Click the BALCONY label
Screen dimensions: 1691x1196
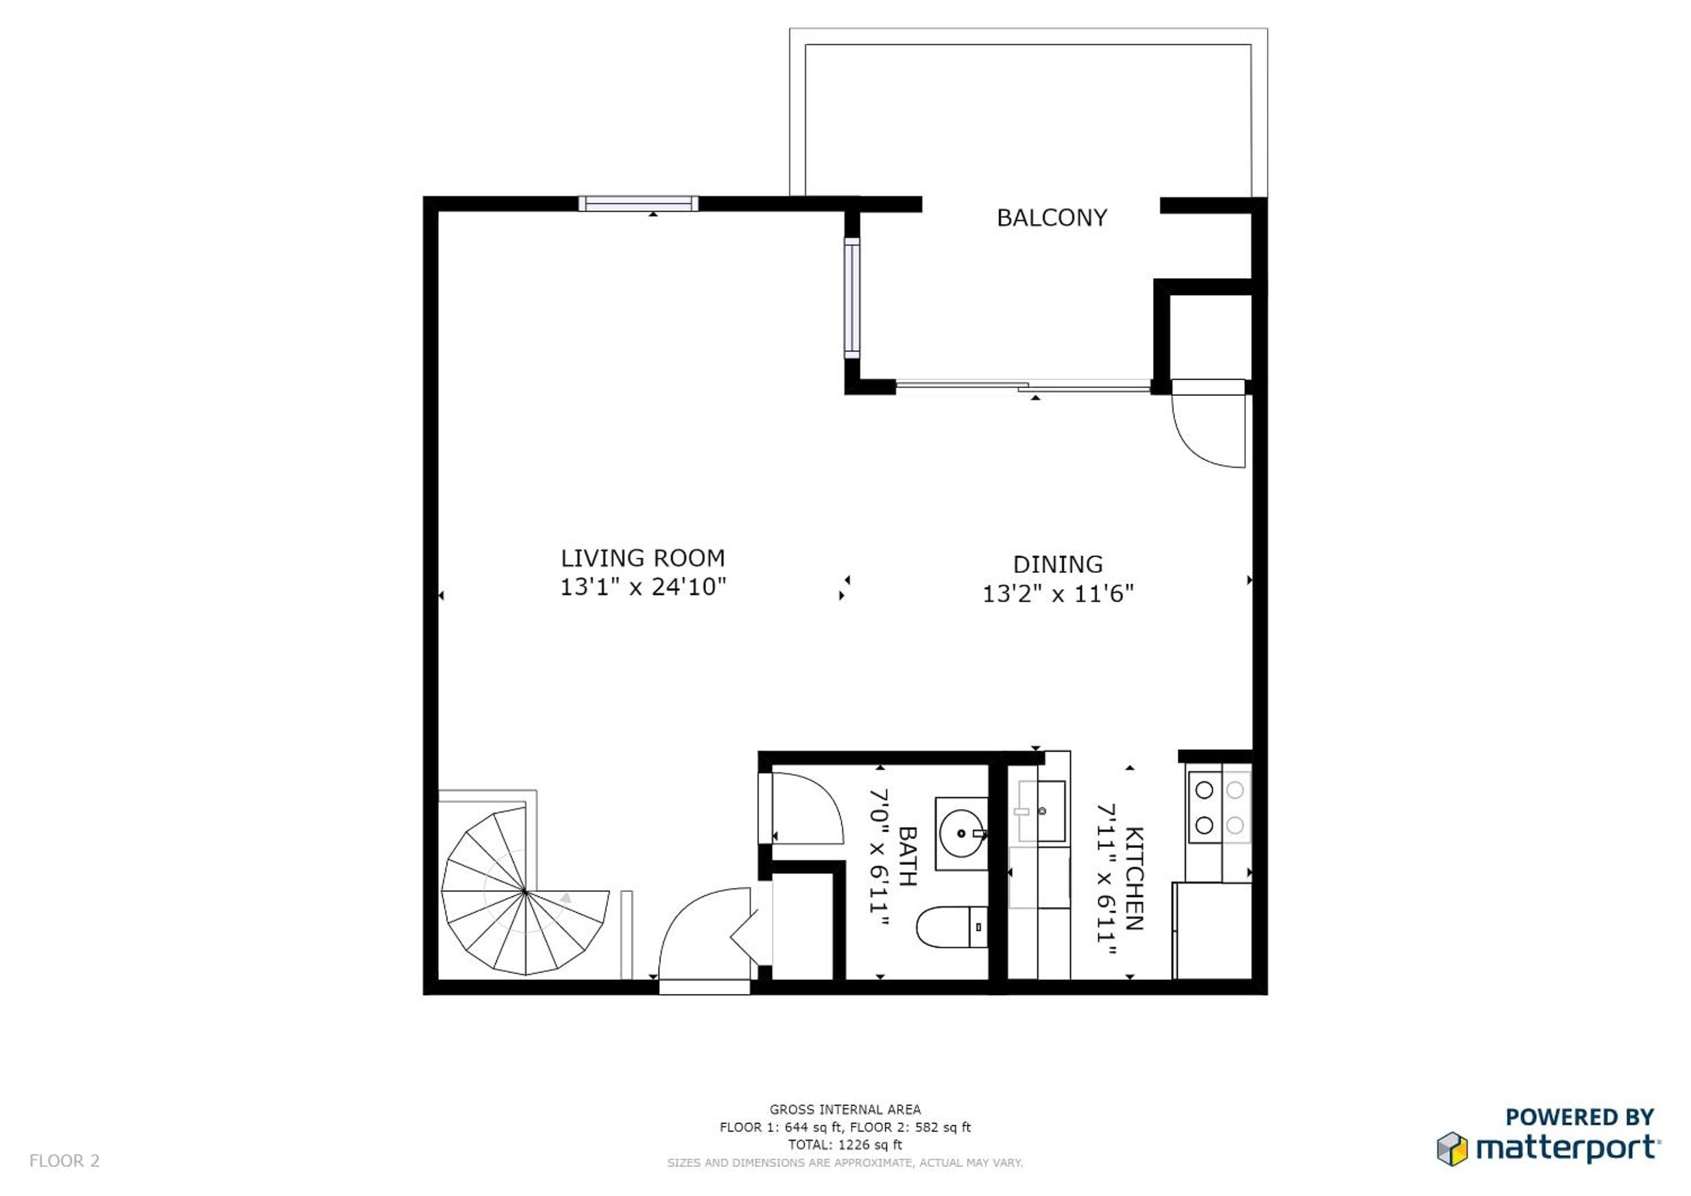click(1052, 218)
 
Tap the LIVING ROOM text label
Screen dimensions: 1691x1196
click(643, 558)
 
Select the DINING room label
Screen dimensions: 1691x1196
click(1058, 564)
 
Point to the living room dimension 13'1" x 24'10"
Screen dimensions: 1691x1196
click(643, 587)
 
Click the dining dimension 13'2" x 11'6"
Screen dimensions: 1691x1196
click(1058, 593)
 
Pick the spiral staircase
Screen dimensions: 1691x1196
click(525, 891)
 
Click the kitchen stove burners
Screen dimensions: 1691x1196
click(1219, 807)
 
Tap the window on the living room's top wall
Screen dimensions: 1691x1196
click(638, 203)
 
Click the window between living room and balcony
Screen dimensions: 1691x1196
click(852, 298)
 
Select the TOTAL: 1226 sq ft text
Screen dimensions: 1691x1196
click(845, 1145)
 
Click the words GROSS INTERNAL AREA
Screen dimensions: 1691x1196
click(845, 1109)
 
